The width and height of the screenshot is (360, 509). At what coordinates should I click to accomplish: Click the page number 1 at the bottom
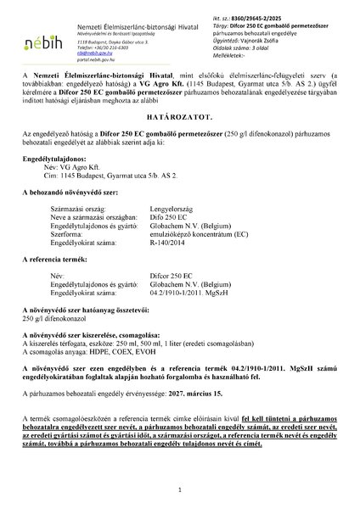[x=180, y=490]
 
